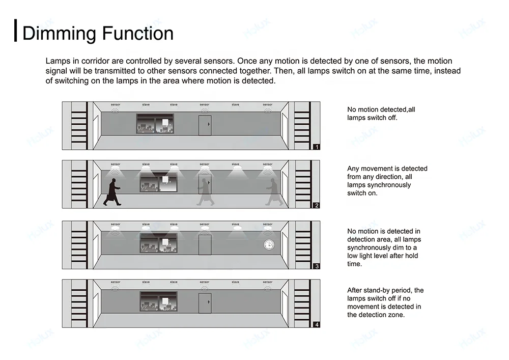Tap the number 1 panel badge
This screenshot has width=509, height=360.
click(x=317, y=147)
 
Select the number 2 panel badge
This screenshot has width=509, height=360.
click(x=317, y=206)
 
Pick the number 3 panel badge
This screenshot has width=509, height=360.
click(x=317, y=266)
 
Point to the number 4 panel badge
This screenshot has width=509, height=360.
click(x=317, y=324)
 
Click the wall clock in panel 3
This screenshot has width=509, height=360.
click(x=268, y=245)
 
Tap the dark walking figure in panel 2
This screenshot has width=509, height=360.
click(x=112, y=191)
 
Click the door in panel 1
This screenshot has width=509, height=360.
click(x=205, y=125)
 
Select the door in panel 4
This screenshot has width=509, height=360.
click(x=205, y=303)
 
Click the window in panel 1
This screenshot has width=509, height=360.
click(x=155, y=124)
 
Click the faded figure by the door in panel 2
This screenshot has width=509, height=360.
click(x=206, y=191)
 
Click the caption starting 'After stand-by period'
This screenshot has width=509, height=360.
click(x=385, y=302)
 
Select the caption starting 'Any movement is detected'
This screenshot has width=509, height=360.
click(x=387, y=181)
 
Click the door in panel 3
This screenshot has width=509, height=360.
click(x=205, y=244)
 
